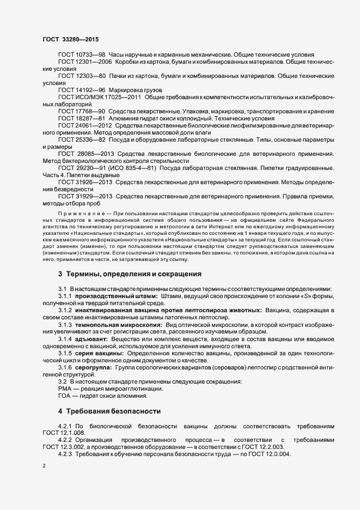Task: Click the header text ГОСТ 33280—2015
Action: [x=70, y=39]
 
